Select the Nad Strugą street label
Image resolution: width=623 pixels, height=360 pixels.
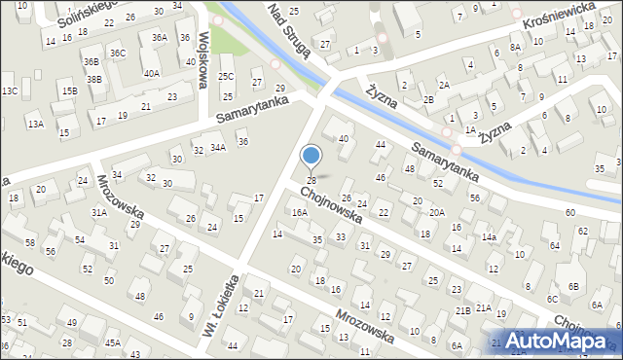(290, 31)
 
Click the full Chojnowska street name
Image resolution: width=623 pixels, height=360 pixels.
(332, 205)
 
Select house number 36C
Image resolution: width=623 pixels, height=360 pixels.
(118, 53)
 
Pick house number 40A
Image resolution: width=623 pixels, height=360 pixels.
(151, 73)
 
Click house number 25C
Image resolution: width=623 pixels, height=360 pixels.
(226, 76)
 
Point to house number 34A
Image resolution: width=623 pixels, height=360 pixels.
(218, 148)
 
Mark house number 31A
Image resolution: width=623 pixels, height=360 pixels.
(99, 212)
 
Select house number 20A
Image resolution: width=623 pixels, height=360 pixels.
(437, 212)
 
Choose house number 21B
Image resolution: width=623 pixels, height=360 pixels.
(463, 310)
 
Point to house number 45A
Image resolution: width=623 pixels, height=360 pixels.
(113, 342)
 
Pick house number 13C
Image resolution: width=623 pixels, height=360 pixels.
(10, 90)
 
